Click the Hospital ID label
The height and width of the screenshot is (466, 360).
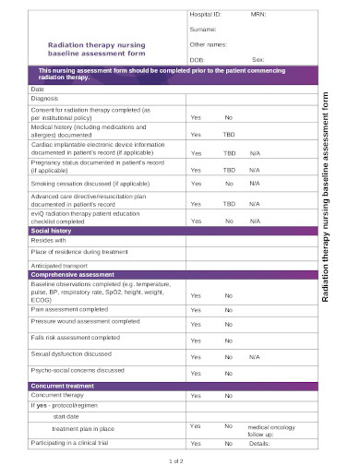pyautogui.click(x=205, y=16)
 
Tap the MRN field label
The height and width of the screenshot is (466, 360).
pyautogui.click(x=258, y=16)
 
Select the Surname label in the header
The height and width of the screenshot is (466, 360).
pyautogui.click(x=203, y=30)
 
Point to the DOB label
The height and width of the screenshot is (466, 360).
pyautogui.click(x=197, y=58)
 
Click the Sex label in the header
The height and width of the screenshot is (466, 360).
pyautogui.click(x=258, y=58)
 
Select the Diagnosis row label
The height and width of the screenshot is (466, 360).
pyautogui.click(x=44, y=97)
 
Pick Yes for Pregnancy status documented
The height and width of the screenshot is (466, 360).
pyautogui.click(x=196, y=170)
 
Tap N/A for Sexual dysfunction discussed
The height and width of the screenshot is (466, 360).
pyautogui.click(x=255, y=356)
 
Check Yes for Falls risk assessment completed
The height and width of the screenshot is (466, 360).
pyautogui.click(x=196, y=341)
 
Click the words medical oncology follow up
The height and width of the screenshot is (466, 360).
pyautogui.click(x=271, y=431)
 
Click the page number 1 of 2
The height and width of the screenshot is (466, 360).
pyautogui.click(x=177, y=460)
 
